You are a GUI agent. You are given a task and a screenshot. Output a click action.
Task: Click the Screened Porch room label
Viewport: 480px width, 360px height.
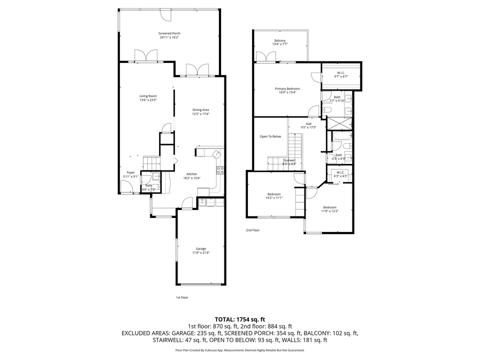(169, 33)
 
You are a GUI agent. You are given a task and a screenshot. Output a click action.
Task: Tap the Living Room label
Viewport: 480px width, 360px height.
(148, 96)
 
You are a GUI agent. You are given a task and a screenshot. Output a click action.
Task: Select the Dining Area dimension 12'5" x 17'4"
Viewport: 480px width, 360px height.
(200, 114)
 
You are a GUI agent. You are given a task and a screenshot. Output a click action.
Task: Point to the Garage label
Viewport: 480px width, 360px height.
(200, 248)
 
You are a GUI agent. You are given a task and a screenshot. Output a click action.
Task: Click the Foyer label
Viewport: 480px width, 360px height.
(130, 172)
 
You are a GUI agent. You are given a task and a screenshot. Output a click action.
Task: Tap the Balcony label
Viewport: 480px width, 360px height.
(280, 40)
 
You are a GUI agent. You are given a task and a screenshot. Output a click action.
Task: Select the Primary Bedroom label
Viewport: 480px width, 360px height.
(287, 88)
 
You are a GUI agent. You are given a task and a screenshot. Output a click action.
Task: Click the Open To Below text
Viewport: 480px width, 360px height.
(270, 136)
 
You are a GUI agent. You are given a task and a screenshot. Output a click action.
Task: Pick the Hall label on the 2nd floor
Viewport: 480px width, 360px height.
(308, 123)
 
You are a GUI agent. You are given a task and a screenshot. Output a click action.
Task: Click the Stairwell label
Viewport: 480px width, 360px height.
(289, 160)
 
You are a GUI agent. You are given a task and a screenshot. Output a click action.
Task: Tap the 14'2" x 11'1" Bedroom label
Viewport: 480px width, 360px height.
(273, 194)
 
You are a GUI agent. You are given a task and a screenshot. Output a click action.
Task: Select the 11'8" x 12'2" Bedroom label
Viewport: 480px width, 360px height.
(329, 207)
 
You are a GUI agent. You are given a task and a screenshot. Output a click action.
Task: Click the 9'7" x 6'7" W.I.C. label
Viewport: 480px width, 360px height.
(342, 73)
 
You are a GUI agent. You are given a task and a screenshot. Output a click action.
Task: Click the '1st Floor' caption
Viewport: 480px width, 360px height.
(181, 297)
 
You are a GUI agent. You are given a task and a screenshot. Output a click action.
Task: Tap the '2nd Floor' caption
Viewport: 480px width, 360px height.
(252, 230)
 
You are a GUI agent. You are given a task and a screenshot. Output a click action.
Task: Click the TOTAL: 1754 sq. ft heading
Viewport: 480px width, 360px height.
(240, 319)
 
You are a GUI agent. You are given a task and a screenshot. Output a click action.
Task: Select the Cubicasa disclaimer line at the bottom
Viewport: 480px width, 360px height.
(240, 350)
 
